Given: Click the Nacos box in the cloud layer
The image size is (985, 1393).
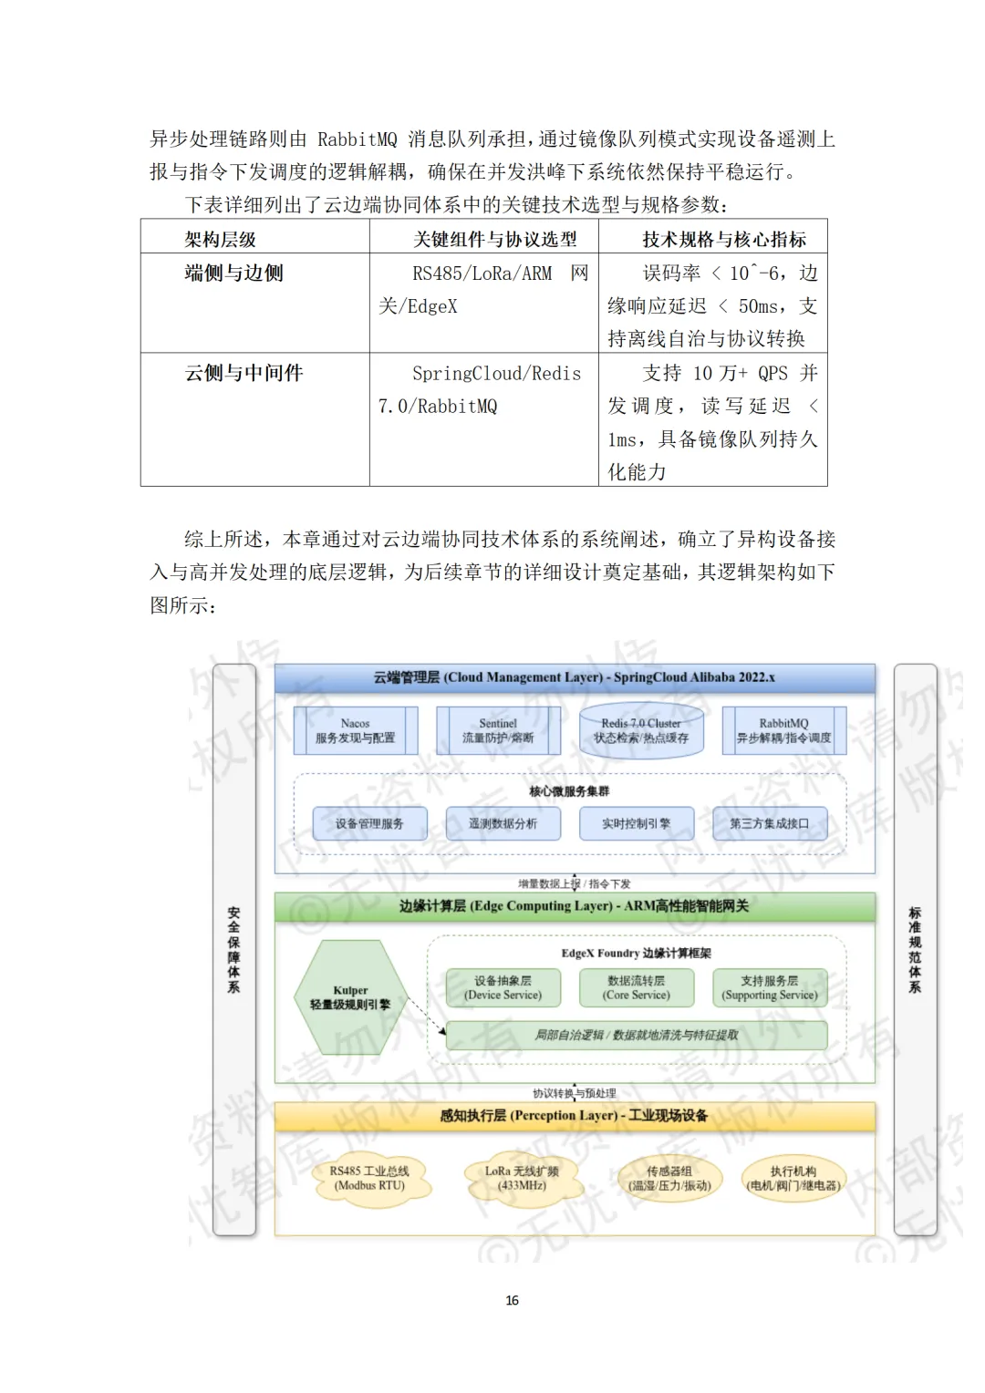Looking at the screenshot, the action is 355,730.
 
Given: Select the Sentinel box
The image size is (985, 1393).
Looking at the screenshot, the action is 497,730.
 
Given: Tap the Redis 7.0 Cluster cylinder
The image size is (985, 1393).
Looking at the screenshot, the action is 641,730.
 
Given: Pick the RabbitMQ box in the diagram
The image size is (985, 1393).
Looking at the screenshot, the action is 783,730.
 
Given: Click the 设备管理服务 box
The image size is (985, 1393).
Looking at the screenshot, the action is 368,823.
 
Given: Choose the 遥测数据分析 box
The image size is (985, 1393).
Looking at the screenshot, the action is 503,823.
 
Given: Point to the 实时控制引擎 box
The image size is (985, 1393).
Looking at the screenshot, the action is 636,823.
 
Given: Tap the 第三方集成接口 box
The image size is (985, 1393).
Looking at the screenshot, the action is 769,823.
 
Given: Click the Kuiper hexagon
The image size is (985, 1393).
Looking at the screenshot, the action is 350,997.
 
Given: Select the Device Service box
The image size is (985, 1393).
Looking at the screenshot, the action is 503,987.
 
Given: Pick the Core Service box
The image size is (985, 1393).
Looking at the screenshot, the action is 636,987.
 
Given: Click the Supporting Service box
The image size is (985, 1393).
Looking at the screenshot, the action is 770,987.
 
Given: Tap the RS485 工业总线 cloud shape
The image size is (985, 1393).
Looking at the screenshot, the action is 369,1178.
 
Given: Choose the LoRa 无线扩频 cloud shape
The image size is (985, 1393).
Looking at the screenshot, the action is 522,1178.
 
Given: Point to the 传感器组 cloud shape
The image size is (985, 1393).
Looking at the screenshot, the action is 669,1178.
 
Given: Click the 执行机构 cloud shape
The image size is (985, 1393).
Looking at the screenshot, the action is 793,1178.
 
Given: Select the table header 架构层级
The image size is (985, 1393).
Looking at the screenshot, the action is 220,239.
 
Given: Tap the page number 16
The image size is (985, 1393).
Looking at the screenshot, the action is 512,1300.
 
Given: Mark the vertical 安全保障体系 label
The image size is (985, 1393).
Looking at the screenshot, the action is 234,949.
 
